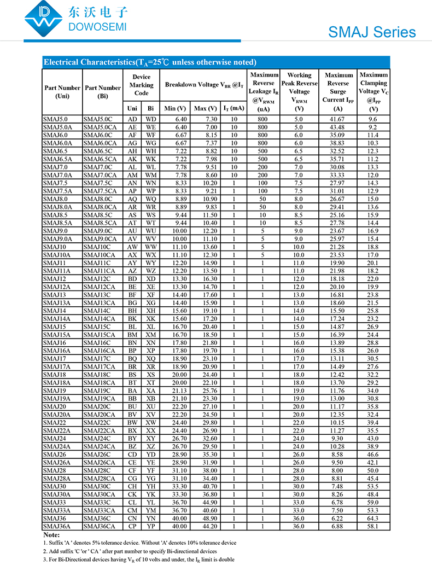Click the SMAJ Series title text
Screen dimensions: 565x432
click(372, 32)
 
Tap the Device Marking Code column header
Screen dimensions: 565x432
click(141, 85)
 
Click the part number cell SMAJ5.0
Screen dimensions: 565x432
click(56, 119)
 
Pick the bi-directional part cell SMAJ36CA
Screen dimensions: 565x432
click(100, 526)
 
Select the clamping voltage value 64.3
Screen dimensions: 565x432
click(373, 519)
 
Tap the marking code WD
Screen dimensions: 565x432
click(151, 119)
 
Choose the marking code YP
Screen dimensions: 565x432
click(151, 526)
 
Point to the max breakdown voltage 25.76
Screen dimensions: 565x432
click(206, 391)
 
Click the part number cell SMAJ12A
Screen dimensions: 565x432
click(57, 287)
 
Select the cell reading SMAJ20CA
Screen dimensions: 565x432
click(100, 415)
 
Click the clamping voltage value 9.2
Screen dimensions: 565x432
click(373, 127)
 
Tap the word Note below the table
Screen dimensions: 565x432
click(51, 534)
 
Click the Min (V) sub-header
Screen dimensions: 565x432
click(175, 108)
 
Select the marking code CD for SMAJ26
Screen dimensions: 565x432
click(132, 455)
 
